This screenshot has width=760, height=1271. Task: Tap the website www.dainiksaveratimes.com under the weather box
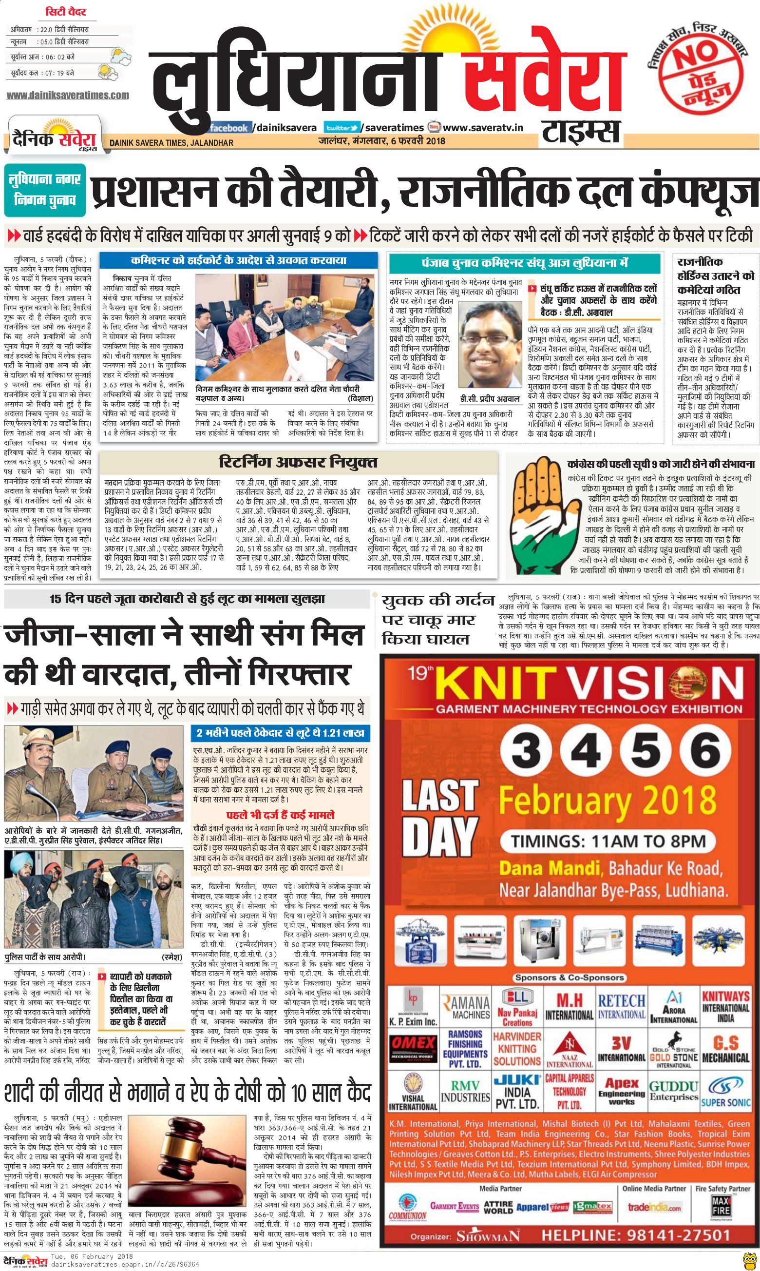[x=68, y=96]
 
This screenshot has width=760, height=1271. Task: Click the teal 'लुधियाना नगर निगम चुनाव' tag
[x=45, y=189]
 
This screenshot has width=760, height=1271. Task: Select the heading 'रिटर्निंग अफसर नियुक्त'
[x=298, y=462]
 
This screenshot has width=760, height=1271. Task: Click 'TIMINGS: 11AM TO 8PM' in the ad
[x=608, y=841]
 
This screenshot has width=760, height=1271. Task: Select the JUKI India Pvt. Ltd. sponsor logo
[x=517, y=1091]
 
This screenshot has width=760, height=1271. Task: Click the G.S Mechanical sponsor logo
[x=725, y=1048]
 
